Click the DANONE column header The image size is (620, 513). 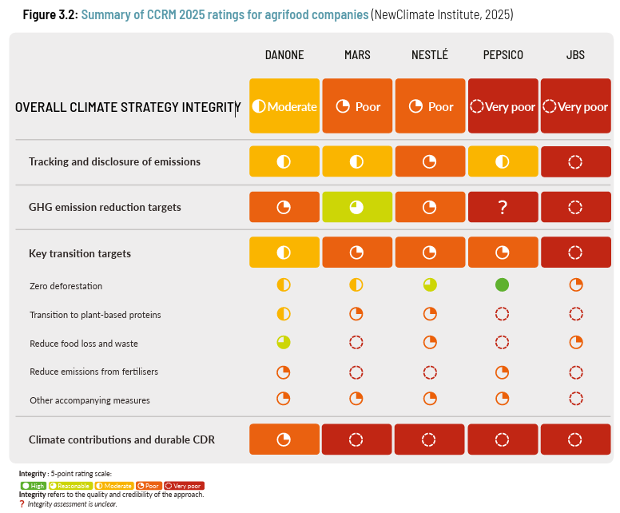click(284, 55)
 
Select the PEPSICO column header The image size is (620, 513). click(503, 55)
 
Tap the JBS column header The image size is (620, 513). click(574, 55)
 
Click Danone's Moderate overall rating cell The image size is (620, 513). click(284, 106)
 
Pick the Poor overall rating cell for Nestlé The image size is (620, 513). click(429, 106)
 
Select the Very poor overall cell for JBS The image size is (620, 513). click(574, 106)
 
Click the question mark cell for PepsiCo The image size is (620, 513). click(503, 207)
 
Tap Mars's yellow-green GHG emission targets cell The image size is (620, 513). click(356, 207)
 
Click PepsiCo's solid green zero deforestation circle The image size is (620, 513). click(503, 284)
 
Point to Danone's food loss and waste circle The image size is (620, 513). click(284, 342)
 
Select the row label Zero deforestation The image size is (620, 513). click(66, 286)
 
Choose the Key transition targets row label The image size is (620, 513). click(79, 253)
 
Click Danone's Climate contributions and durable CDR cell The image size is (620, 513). click(284, 439)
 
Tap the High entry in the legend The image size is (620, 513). click(34, 486)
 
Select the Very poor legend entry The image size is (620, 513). click(185, 486)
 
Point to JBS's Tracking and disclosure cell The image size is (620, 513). click(574, 161)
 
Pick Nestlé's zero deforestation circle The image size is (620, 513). click(430, 284)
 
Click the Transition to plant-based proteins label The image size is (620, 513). click(95, 315)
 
